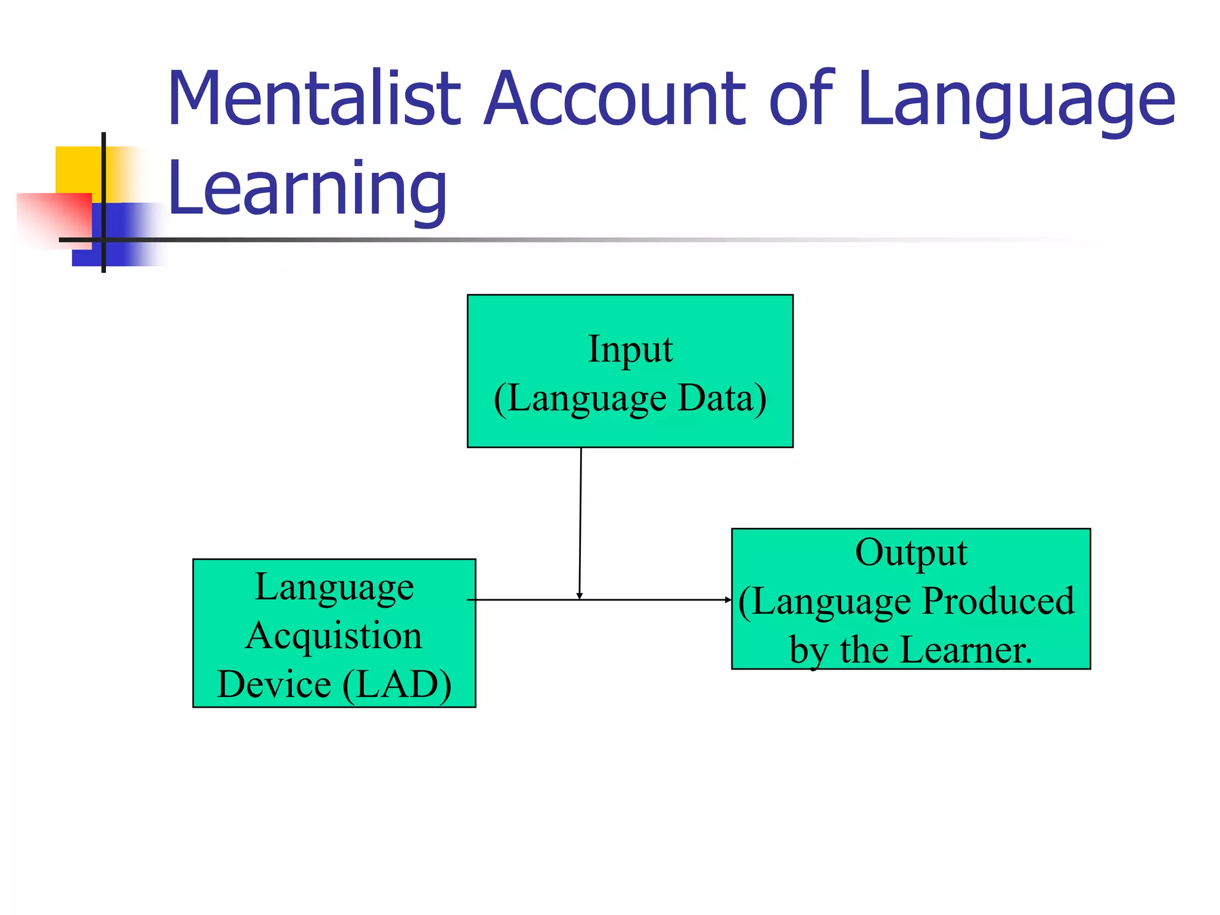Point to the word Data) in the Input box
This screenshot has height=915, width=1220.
click(x=722, y=398)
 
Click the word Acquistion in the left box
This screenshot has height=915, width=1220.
click(x=334, y=635)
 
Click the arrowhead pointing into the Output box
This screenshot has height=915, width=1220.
click(x=728, y=600)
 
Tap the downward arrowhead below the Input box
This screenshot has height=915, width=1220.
click(x=579, y=596)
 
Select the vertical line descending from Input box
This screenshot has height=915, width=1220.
click(x=580, y=518)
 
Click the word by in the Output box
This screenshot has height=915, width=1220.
click(x=808, y=651)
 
